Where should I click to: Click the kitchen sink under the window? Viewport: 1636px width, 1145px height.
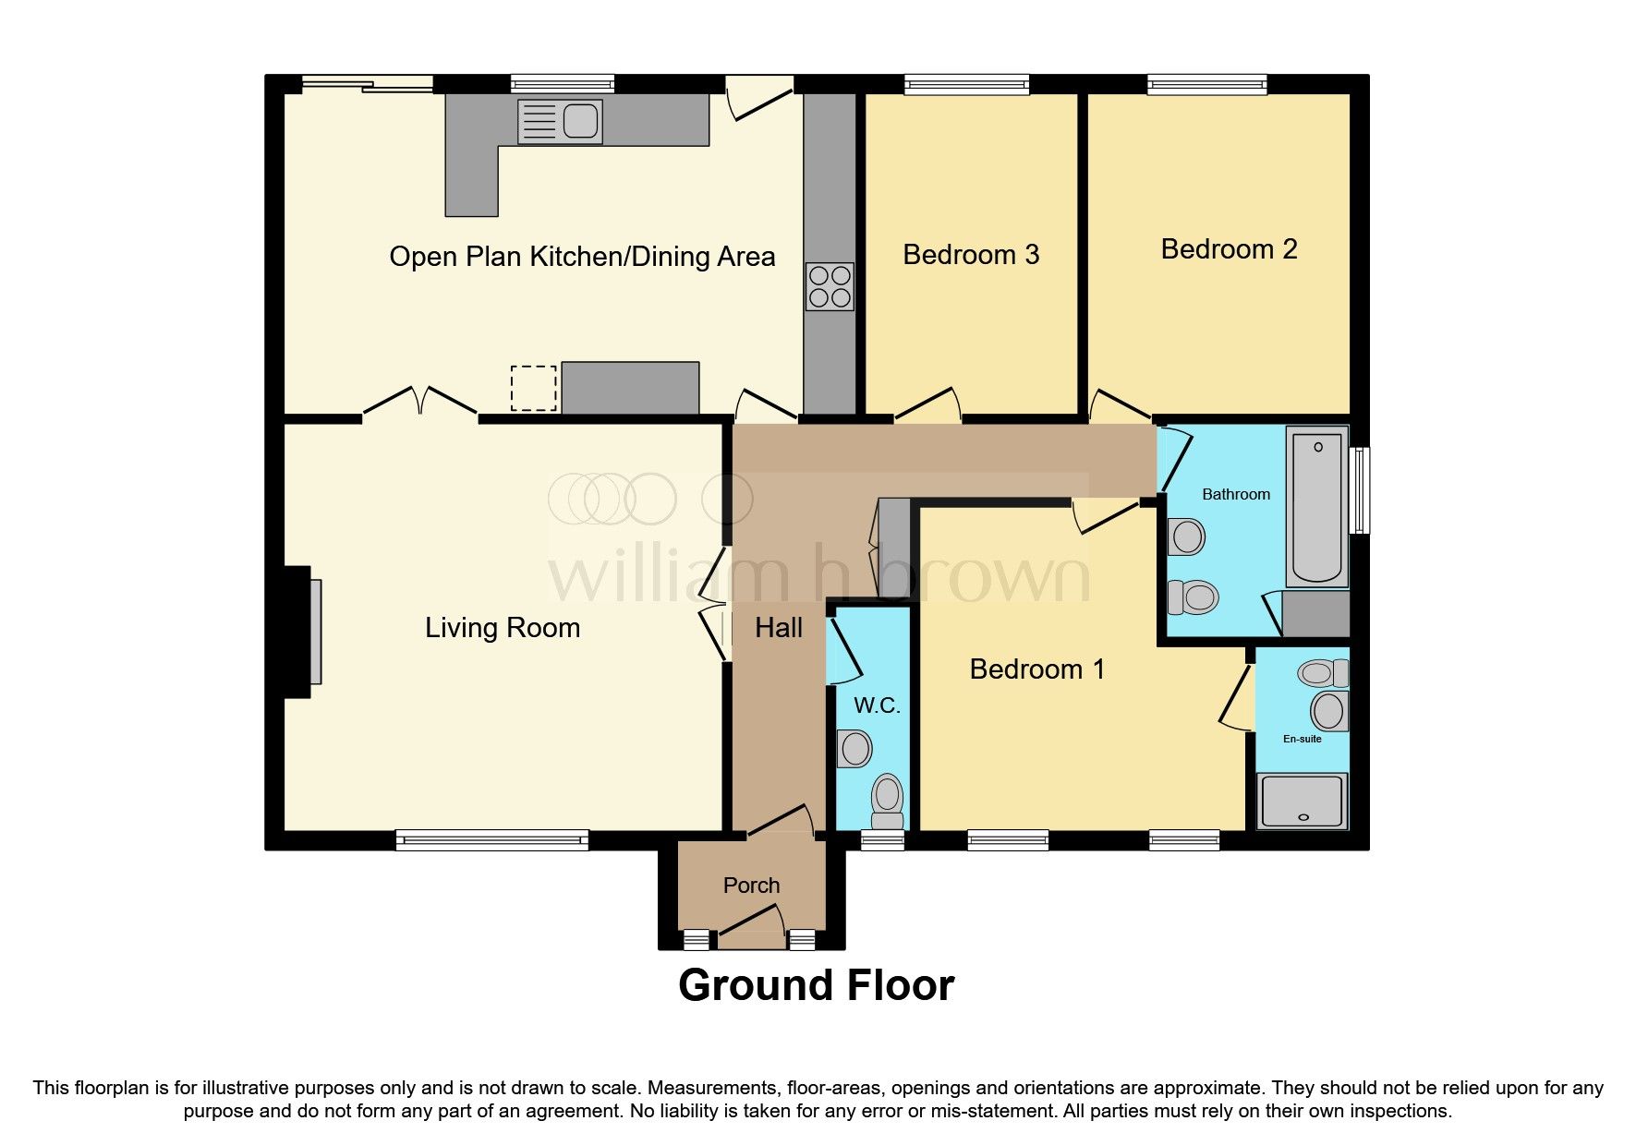click(560, 122)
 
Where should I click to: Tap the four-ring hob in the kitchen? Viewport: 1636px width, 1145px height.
click(829, 286)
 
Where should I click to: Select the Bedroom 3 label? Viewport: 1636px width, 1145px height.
click(970, 255)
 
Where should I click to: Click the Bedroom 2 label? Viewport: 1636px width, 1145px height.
click(1228, 249)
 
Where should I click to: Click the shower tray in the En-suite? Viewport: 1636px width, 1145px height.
click(1303, 800)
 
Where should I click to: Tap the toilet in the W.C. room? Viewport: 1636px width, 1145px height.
click(887, 800)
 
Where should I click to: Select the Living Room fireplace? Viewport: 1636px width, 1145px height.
click(304, 632)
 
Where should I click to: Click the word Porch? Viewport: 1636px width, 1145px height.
click(751, 886)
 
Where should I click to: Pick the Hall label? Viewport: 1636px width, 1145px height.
click(778, 629)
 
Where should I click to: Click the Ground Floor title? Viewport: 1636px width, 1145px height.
click(816, 985)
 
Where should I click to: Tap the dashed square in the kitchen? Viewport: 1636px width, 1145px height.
click(533, 388)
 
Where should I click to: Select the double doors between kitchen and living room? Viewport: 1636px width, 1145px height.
click(420, 403)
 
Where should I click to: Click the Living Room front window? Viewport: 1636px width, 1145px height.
click(491, 839)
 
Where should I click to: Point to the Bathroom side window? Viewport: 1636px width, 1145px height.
click(1359, 490)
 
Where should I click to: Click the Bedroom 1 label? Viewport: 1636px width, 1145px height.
click(1036, 669)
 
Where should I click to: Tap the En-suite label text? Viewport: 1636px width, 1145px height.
click(1302, 739)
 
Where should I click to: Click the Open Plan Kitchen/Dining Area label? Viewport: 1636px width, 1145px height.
click(582, 257)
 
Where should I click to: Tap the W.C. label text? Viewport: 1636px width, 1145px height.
click(876, 706)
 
